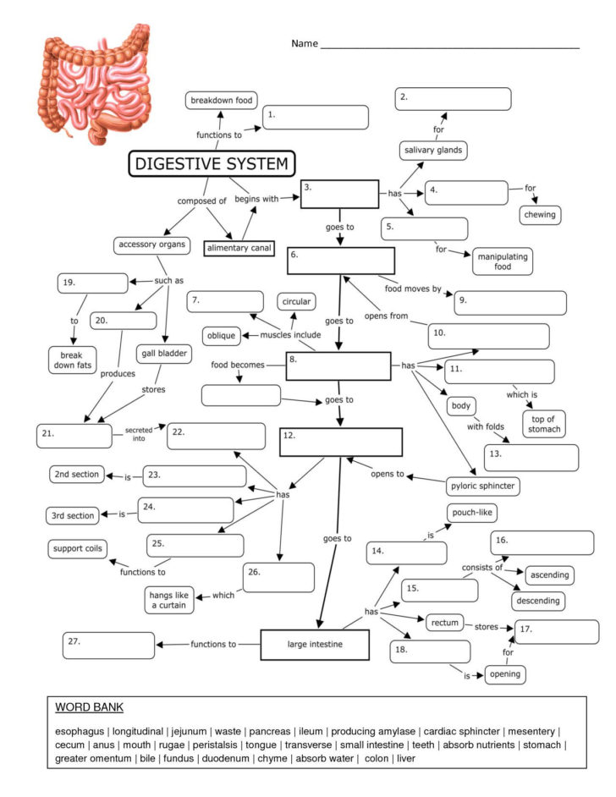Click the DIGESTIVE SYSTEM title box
(x=212, y=164)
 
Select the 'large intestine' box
(x=315, y=645)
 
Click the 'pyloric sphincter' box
(x=482, y=486)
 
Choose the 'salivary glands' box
(x=432, y=150)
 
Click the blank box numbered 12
(x=340, y=442)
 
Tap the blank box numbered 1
(x=315, y=117)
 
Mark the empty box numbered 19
(x=91, y=282)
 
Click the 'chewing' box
(x=540, y=214)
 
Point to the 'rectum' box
(x=444, y=623)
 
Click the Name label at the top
(x=304, y=43)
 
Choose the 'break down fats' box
(x=72, y=360)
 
